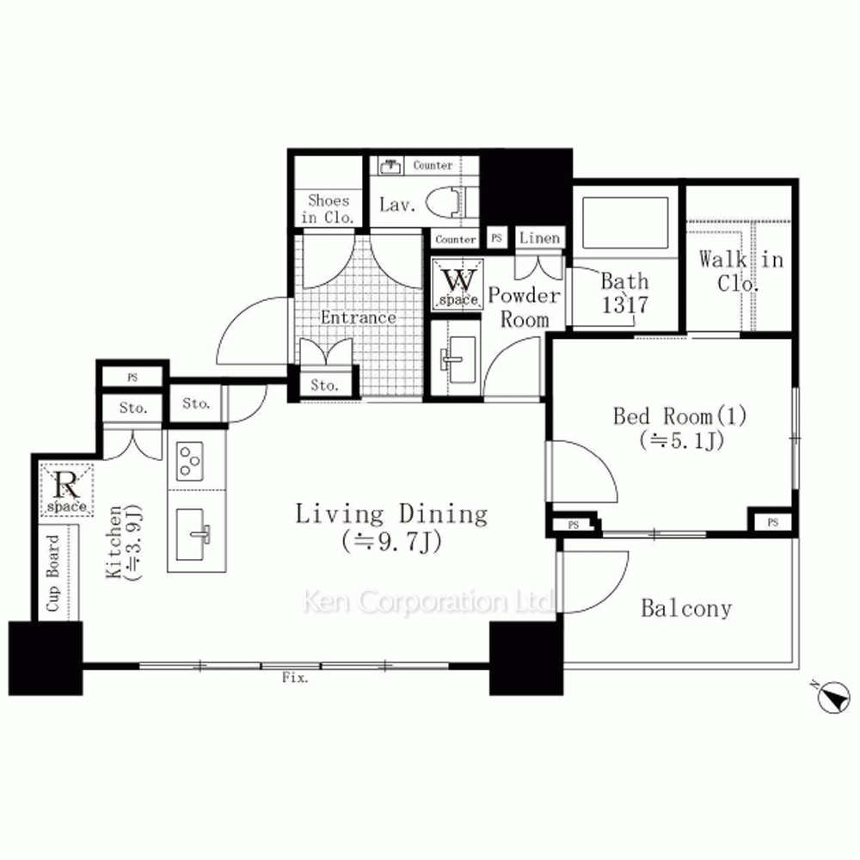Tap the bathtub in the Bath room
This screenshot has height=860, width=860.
625,223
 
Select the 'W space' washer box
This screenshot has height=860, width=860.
458,284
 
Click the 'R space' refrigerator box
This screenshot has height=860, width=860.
67,489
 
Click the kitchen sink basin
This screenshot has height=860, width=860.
191,535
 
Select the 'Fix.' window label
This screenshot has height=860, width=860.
295,678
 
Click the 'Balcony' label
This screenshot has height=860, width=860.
686,608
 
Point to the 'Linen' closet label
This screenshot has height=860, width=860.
540,238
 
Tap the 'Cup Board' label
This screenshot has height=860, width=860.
52,573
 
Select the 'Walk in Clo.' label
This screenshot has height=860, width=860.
741,271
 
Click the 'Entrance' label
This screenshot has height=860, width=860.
359,317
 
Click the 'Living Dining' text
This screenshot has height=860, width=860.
391,514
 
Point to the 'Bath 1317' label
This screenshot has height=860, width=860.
624,292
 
